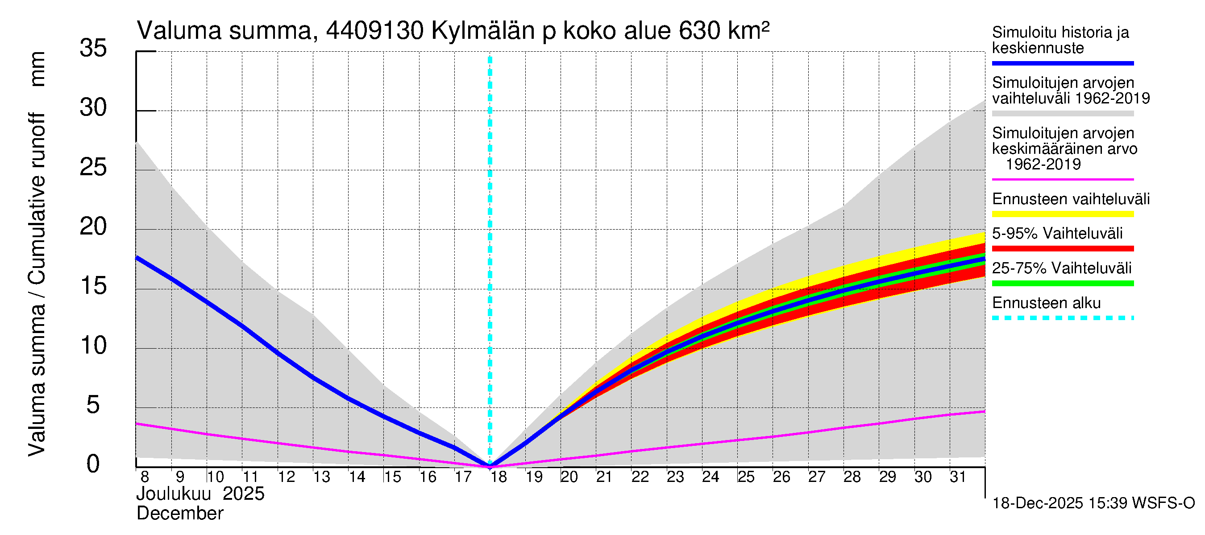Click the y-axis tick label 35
[x=93, y=48]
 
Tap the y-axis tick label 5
[x=93, y=405]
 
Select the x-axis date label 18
[x=499, y=477]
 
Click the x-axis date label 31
[x=958, y=477]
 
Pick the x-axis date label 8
[x=145, y=477]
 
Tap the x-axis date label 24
[x=710, y=477]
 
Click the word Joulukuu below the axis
[x=174, y=494]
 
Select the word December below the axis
[x=179, y=514]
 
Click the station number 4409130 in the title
[x=375, y=31]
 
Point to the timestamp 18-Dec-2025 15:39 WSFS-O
[x=1093, y=503]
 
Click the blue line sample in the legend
[x=1062, y=63]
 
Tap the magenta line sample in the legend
[x=1062, y=179]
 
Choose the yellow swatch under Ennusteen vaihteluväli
[x=1062, y=214]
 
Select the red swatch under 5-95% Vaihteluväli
[x=1062, y=249]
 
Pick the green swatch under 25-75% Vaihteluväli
[x=1062, y=283]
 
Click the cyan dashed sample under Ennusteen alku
[x=1062, y=318]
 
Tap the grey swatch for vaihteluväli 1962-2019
[x=1062, y=114]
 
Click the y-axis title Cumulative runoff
[x=37, y=198]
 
